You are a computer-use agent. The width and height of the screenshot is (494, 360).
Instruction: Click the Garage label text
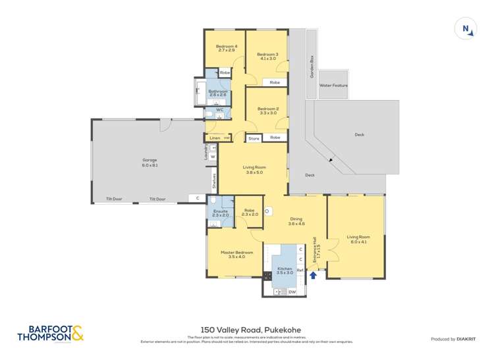150,162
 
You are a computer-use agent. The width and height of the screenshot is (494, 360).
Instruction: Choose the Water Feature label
333,86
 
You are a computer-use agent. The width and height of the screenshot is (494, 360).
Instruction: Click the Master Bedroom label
233,254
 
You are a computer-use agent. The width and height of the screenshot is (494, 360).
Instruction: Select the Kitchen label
285,269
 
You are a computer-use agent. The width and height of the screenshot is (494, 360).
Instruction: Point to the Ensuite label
220,213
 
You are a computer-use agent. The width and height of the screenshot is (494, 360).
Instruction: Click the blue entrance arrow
314,275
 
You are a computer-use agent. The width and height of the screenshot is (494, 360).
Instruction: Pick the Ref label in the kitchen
299,270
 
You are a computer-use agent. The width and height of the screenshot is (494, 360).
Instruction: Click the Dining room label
296,222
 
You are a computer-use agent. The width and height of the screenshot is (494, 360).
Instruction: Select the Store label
254,139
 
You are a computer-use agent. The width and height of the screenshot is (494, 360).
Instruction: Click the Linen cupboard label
214,138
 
